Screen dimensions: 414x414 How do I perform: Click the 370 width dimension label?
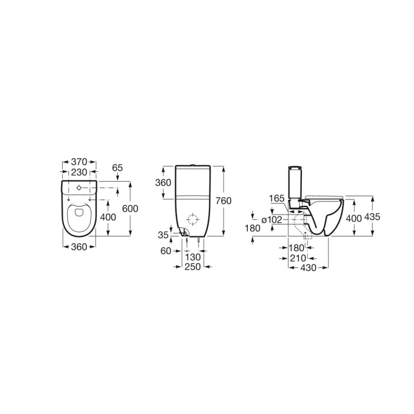(79, 162)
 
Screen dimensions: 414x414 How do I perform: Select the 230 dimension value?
(79, 172)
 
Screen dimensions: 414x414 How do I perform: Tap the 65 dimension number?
(117, 168)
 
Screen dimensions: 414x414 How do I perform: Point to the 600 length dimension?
(130, 209)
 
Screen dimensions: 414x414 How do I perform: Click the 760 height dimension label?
(223, 201)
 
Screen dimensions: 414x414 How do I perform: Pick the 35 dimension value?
(163, 235)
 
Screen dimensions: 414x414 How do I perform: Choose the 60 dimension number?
(166, 251)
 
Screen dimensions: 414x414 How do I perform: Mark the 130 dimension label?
(193, 257)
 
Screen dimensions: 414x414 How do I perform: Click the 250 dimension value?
(193, 267)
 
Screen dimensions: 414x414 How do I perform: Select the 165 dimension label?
(277, 198)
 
